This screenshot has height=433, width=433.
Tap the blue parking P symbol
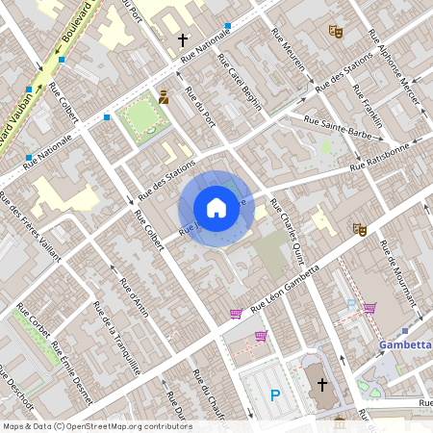(275, 395)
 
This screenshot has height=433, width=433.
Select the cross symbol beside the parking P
(322, 384)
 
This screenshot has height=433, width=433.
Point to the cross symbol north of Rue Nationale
(183, 41)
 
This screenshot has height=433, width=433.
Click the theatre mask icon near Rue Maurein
(335, 32)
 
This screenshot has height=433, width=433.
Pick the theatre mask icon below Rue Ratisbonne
(360, 229)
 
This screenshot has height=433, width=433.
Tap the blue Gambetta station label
(405, 344)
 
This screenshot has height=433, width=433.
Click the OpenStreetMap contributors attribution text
(96, 426)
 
